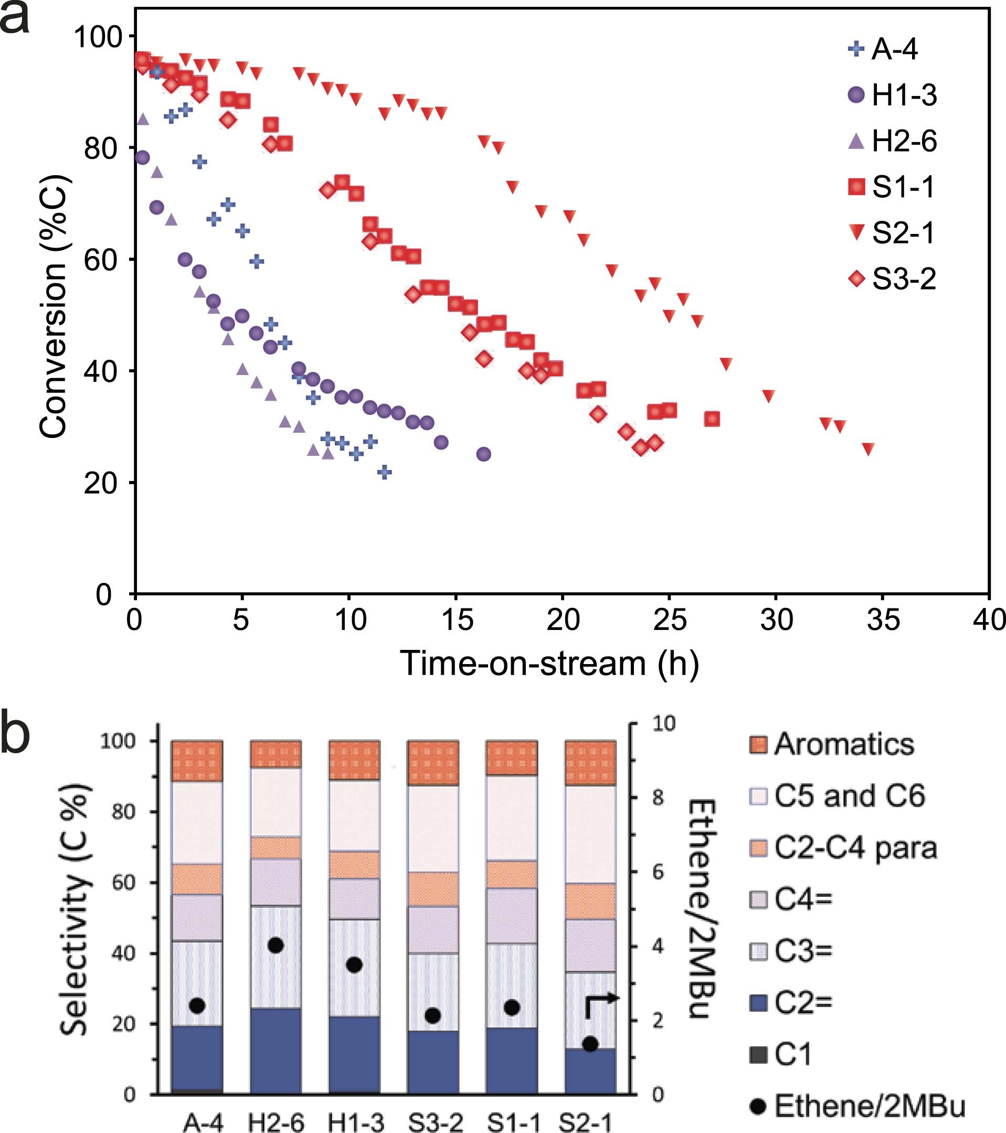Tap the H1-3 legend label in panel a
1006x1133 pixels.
pos(904,95)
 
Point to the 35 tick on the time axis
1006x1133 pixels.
pos(883,619)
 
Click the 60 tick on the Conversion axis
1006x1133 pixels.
pos(102,260)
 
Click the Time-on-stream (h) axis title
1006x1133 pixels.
pos(549,664)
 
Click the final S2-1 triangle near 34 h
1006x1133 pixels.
pos(869,449)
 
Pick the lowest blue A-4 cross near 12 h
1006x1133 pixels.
pos(384,472)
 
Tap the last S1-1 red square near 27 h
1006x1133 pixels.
pos(712,419)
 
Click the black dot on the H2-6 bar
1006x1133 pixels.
pos(276,945)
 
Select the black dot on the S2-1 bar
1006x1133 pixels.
pos(590,1044)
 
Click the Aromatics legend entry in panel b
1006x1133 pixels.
pos(843,744)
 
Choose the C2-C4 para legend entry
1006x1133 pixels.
pos(854,849)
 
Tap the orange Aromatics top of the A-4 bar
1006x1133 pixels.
pos(197,761)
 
